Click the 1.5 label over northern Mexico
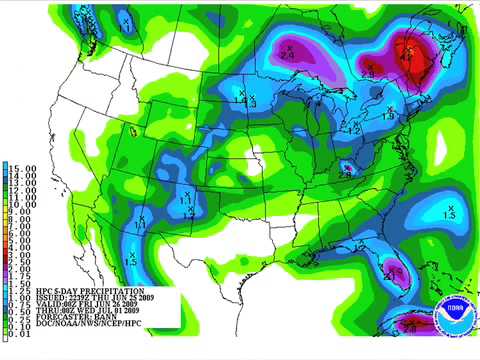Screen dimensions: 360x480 [130, 259]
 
